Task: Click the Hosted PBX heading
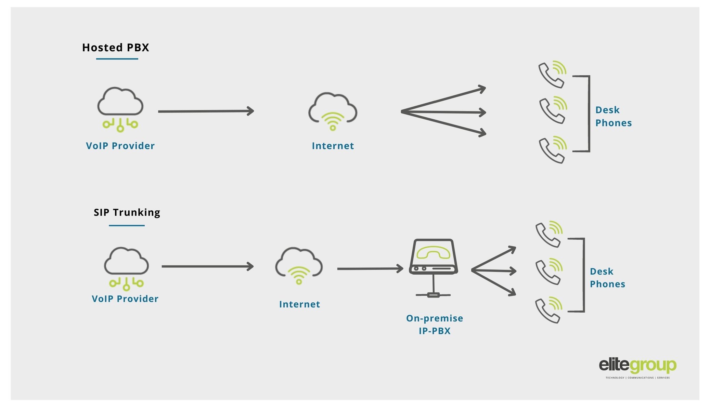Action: [116, 48]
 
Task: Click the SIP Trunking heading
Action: [127, 212]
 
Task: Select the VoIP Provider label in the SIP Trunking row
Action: [125, 299]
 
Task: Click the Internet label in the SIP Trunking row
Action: [299, 304]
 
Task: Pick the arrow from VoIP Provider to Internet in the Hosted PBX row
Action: [205, 111]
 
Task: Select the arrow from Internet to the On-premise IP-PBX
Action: [370, 269]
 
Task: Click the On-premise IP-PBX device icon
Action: [433, 263]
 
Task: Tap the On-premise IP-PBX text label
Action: [435, 325]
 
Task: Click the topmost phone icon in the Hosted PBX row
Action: [552, 74]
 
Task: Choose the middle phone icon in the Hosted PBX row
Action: [552, 110]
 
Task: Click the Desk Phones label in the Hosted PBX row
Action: [613, 117]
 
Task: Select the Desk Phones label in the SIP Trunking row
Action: [607, 278]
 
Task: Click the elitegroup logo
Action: [637, 367]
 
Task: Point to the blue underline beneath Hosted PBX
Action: [117, 59]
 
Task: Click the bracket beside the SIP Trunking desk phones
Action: [583, 275]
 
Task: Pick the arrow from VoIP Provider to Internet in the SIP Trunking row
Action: [207, 266]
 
